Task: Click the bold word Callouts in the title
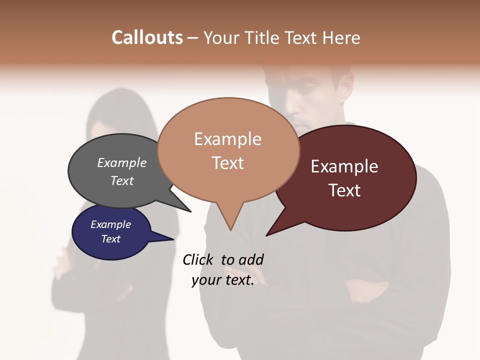[x=147, y=37]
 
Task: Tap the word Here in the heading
[x=339, y=37]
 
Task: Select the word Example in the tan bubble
[x=227, y=139]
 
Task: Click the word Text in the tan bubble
[x=227, y=162]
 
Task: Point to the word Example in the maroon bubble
[x=344, y=166]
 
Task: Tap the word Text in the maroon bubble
[x=344, y=190]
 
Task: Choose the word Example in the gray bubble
[x=122, y=163]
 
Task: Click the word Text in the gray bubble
[x=122, y=180]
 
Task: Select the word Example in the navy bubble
[x=111, y=224]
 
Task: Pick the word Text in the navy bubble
[x=111, y=239]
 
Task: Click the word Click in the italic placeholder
[x=198, y=259]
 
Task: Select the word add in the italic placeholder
[x=251, y=259]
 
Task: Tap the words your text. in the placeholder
[x=223, y=280]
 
